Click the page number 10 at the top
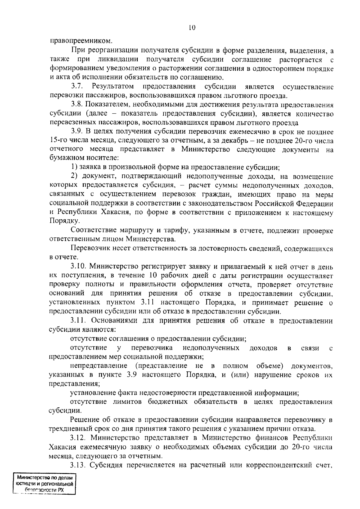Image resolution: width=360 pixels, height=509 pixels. [x=192, y=28]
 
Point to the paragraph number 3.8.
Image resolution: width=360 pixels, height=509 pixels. [x=77, y=105]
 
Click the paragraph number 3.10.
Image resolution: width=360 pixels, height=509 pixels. [x=78, y=266]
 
